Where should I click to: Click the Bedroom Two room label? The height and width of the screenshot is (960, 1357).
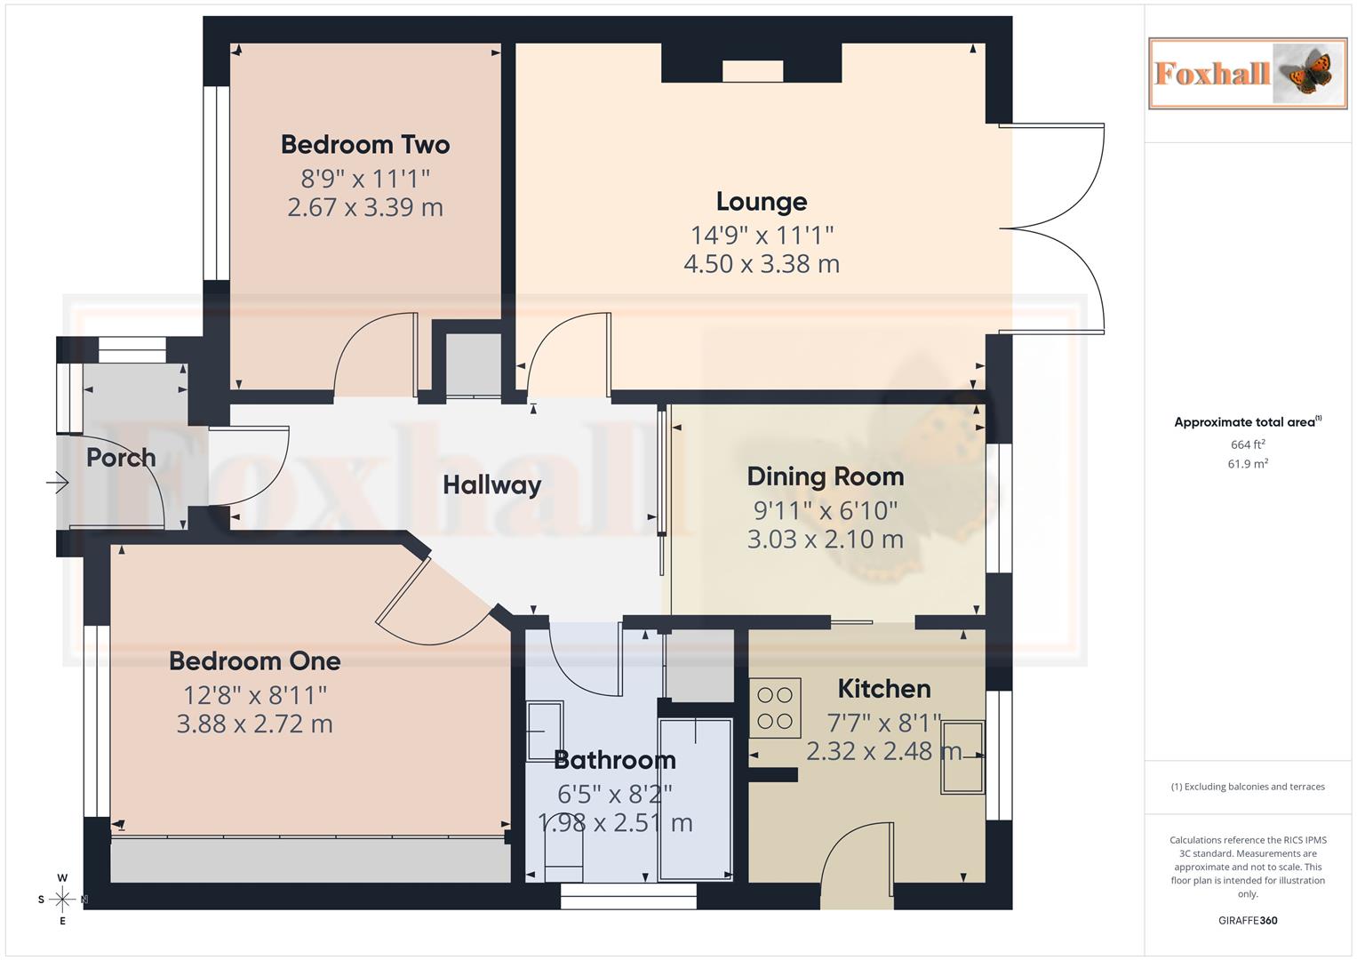364,144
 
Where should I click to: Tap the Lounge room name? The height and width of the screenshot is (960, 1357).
762,202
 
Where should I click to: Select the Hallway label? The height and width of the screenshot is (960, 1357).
491,485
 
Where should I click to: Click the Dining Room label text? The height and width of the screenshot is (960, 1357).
825,476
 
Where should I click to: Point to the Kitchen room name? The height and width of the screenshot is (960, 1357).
884,689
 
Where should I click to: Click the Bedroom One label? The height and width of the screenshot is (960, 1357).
255,661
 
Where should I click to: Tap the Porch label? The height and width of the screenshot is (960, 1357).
121,458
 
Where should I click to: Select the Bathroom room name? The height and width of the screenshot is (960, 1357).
614,760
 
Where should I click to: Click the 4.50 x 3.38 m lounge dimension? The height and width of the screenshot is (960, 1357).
762,264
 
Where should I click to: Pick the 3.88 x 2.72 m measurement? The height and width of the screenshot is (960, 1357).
255,724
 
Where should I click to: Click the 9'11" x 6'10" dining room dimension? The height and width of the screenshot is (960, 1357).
825,511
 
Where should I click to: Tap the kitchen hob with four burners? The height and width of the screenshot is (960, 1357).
775,708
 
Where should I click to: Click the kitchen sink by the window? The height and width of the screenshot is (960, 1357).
962,756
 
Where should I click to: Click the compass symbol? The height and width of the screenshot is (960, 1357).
62,900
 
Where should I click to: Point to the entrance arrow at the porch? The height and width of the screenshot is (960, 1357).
58,483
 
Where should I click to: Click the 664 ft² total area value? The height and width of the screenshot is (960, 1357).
1248,444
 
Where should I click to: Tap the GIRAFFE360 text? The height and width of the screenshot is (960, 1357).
1248,920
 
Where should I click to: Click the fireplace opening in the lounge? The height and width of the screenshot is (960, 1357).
753,71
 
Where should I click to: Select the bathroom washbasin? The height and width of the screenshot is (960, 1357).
544,731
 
